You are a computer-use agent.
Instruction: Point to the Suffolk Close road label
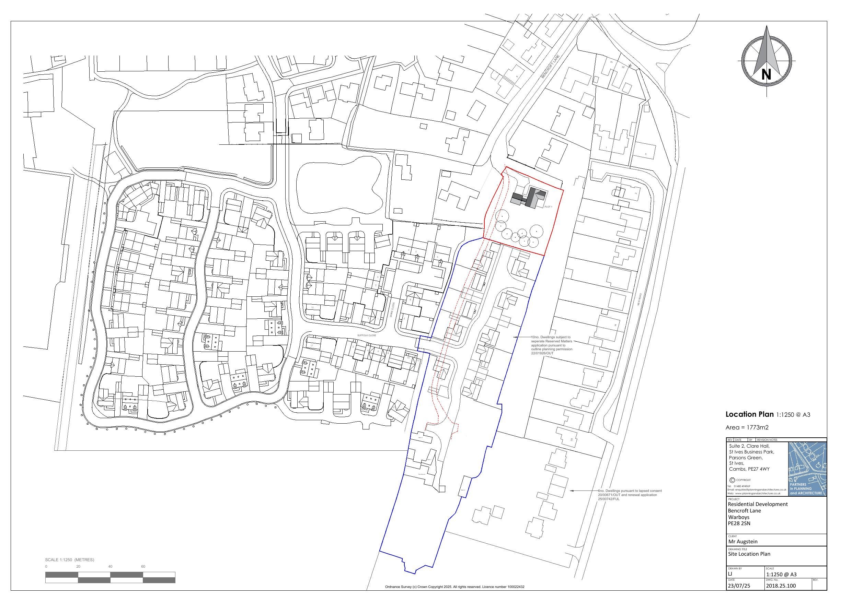point(366,335)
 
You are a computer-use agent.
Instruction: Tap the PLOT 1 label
point(548,206)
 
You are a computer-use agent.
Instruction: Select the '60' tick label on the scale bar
point(143,566)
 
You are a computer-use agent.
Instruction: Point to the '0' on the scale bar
point(46,566)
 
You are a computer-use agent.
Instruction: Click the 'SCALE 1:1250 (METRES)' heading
point(69,559)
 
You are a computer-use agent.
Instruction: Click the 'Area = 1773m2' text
point(747,427)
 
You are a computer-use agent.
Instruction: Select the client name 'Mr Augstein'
point(742,541)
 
